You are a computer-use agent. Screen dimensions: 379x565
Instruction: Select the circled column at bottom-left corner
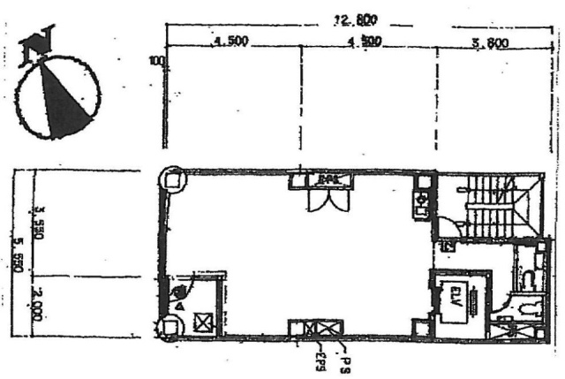coord(167,328)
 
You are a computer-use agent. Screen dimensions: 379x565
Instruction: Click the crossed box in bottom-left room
coord(204,322)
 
